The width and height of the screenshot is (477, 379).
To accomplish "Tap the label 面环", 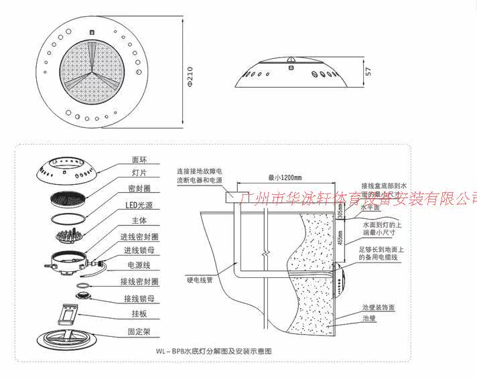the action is [x=139, y=160].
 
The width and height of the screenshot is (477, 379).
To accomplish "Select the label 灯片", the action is [x=139, y=172].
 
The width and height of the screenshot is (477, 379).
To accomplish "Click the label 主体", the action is [x=139, y=220].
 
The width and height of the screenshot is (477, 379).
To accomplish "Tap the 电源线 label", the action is [x=139, y=265].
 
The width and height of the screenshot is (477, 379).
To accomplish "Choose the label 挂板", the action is [x=139, y=314].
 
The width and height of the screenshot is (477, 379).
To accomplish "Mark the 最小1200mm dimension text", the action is [x=284, y=178].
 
